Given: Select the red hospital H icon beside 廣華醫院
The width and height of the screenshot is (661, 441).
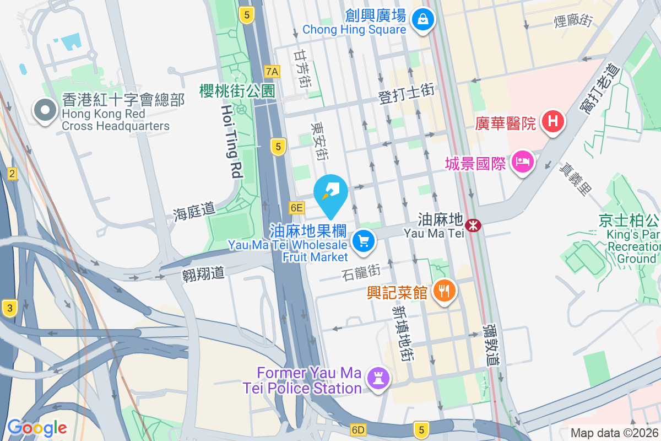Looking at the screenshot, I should click(552, 122).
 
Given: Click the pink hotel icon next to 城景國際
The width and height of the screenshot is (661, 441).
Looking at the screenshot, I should click(521, 163).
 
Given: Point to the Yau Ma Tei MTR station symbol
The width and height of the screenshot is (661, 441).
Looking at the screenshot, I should click(473, 225).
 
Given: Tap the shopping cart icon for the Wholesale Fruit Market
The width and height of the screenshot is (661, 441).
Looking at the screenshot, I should click(363, 241).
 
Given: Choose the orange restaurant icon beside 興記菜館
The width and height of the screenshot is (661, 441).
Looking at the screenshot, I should click(443, 290).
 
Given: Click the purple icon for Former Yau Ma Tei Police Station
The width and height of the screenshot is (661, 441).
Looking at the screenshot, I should click(378, 379).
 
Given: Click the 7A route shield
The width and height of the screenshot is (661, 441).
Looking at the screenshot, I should click(272, 71).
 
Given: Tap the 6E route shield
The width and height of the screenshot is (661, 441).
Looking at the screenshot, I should click(296, 207).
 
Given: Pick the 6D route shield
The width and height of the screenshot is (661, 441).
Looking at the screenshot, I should click(357, 429).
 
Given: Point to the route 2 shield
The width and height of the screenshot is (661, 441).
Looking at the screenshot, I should click(12, 174).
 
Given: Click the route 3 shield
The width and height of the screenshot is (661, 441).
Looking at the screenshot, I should click(9, 308).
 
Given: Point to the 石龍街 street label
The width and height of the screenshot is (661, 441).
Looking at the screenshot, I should click(361, 272).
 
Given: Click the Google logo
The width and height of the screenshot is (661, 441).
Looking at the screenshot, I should click(37, 427).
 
